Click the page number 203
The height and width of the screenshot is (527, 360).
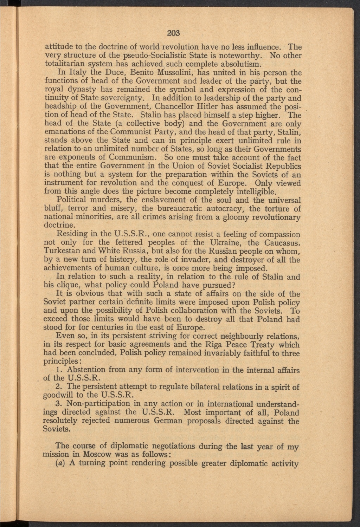174,33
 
